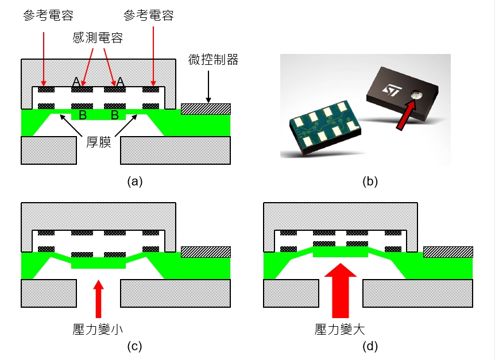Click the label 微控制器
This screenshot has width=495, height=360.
[212, 59]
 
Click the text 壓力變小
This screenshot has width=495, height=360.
[98, 328]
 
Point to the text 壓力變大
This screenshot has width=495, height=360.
[340, 328]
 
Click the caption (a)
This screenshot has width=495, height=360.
[134, 182]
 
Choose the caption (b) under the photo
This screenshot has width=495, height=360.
[370, 182]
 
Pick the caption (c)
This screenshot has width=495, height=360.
[134, 346]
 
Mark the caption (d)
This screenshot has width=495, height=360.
[370, 346]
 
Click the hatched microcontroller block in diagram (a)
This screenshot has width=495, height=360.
[206, 109]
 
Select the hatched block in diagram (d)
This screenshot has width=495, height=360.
[448, 251]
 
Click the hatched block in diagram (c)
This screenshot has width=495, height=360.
[206, 251]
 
